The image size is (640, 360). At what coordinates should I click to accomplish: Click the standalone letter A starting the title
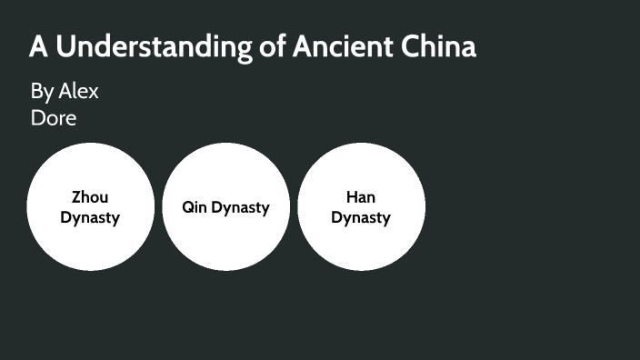38,46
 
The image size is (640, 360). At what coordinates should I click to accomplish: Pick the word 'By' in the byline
42,92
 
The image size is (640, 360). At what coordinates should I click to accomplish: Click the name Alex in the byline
78,91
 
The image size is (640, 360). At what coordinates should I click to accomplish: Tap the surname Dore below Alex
54,117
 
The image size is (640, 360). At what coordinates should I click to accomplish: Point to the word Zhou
90,197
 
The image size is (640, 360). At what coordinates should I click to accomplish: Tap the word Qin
195,207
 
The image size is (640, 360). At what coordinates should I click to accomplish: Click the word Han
361,197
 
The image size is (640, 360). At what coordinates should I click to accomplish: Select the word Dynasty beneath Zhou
90,218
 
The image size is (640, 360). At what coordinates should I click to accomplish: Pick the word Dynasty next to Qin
241,208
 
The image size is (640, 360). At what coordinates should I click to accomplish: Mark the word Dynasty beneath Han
361,218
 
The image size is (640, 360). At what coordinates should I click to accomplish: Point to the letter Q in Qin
187,207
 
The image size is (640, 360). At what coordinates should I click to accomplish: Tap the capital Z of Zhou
76,197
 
